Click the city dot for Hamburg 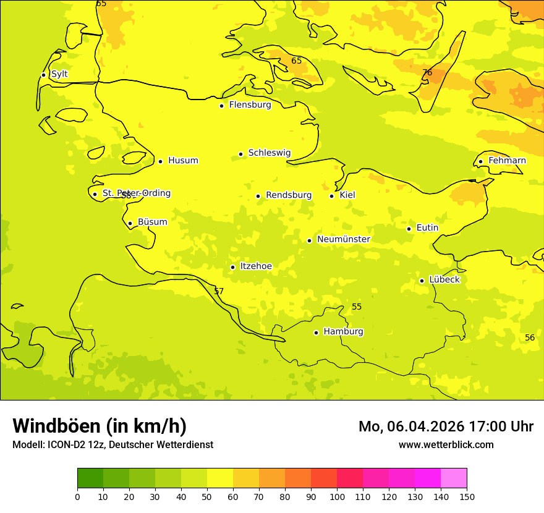[316, 333]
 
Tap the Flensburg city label [250, 105]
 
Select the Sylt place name [59, 74]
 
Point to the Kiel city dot [331, 196]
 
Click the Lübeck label [444, 280]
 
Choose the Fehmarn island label [507, 161]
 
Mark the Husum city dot [160, 161]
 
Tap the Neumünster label [344, 239]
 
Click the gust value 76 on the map [427, 73]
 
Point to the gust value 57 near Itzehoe [219, 291]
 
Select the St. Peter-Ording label [137, 193]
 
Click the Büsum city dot [130, 223]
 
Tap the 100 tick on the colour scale [337, 496]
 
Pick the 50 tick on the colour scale [207, 496]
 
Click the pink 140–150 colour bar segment [454, 478]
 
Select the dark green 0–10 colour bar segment [90, 478]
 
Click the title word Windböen [56, 426]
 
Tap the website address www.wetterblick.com [446, 445]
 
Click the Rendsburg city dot [258, 196]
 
